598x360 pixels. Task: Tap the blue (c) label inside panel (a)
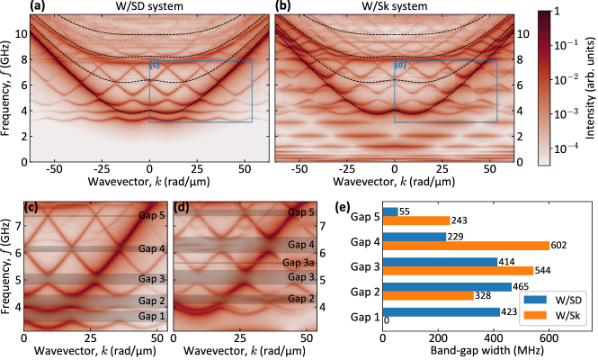coord(155,64)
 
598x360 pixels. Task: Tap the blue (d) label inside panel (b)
coord(400,64)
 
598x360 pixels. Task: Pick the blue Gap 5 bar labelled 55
coord(391,211)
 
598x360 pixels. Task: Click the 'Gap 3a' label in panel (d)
coord(299,262)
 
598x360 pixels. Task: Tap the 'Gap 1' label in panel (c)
coord(152,317)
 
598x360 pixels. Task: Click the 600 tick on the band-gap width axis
coord(549,338)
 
